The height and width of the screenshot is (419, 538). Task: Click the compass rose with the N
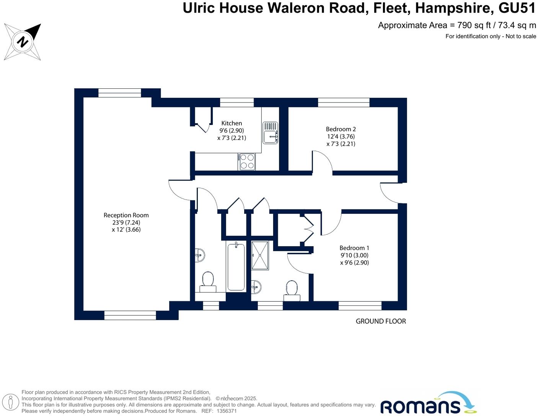(x=22, y=42)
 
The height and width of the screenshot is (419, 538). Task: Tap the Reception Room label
(x=126, y=215)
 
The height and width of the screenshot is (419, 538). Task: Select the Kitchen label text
(x=232, y=123)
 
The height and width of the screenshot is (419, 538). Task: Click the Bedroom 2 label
(x=341, y=129)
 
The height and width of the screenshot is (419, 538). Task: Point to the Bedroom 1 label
(x=354, y=248)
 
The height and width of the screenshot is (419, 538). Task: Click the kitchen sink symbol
(x=271, y=133)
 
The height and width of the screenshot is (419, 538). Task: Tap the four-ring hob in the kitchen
(x=247, y=161)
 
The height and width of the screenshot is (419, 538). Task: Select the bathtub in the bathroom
(x=236, y=267)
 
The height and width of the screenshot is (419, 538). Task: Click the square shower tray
(x=260, y=255)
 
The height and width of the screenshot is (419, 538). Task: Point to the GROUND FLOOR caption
(x=381, y=321)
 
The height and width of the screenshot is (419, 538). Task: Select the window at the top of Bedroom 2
(x=344, y=102)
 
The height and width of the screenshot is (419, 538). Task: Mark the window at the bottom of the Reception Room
(x=130, y=315)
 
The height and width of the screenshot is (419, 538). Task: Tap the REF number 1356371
(x=227, y=411)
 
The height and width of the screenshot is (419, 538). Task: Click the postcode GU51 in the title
(x=517, y=8)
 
